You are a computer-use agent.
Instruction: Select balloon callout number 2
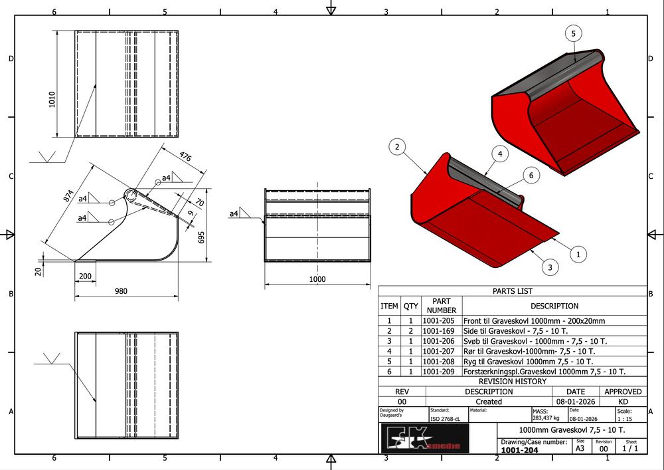click(396, 148)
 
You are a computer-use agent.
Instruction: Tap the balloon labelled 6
click(531, 176)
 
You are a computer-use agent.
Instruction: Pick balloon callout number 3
click(549, 268)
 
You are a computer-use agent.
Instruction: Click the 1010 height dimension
click(52, 100)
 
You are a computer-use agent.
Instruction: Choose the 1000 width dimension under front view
click(317, 280)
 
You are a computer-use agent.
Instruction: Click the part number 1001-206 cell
click(442, 341)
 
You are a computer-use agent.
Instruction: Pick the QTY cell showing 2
click(411, 331)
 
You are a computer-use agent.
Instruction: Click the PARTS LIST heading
click(512, 291)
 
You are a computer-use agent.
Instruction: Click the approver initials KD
click(623, 402)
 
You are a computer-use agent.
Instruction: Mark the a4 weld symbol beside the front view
click(234, 213)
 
